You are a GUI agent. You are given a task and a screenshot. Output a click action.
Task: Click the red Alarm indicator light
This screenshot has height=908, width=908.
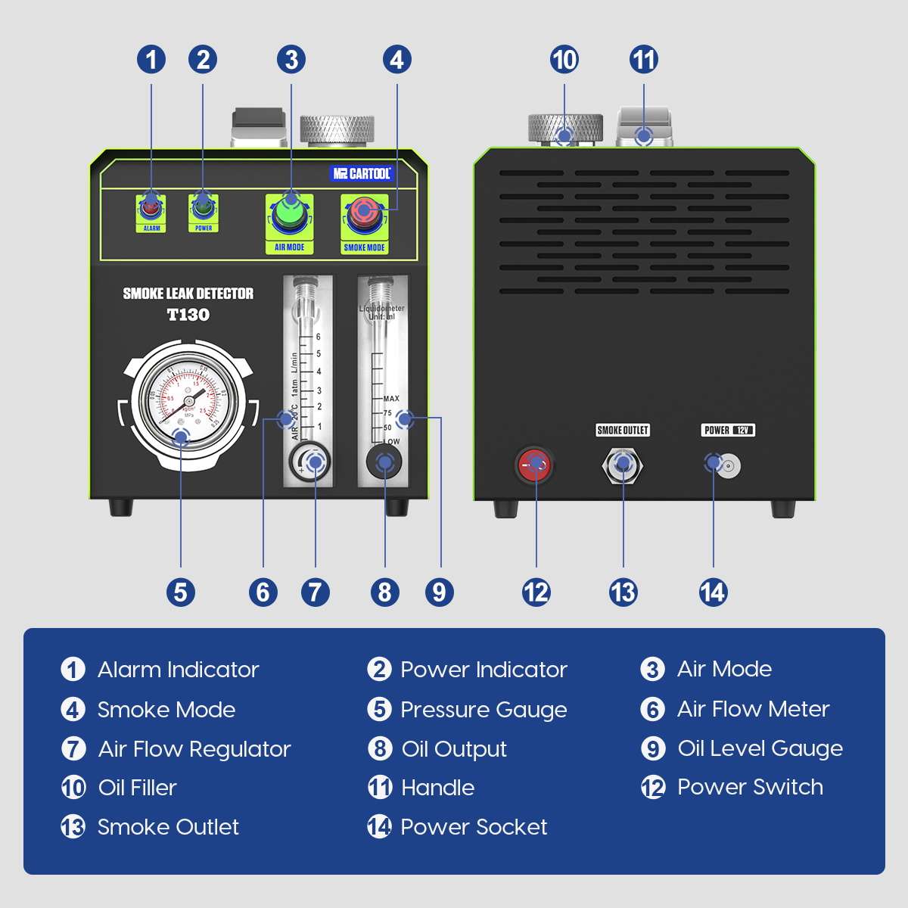[151, 205]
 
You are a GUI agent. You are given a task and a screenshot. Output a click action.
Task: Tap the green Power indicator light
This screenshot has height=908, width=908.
[203, 205]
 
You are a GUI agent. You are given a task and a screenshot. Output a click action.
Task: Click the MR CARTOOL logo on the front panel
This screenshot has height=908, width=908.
[362, 173]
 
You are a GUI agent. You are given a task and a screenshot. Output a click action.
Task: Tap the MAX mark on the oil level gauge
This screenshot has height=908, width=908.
[391, 399]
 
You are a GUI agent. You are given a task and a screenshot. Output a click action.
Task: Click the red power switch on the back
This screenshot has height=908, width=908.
[534, 465]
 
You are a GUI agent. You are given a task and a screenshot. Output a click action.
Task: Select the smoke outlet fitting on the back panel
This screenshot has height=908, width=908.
[623, 465]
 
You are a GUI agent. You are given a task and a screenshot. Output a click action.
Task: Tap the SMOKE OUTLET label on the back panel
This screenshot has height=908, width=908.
[623, 431]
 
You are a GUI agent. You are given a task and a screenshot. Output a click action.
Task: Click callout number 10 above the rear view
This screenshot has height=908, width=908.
[564, 60]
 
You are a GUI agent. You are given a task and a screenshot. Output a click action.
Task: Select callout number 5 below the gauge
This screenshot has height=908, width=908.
[181, 592]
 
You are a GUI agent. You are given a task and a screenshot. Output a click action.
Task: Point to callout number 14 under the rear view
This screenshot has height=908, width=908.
[713, 592]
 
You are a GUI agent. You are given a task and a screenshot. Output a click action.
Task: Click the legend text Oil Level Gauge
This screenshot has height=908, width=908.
[760, 748]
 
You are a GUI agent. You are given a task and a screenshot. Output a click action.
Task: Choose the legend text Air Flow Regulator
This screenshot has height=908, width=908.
[194, 749]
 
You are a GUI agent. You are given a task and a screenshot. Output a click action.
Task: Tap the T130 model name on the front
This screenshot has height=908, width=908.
[188, 315]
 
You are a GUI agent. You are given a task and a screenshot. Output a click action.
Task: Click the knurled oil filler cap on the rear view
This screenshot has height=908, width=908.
[564, 127]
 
